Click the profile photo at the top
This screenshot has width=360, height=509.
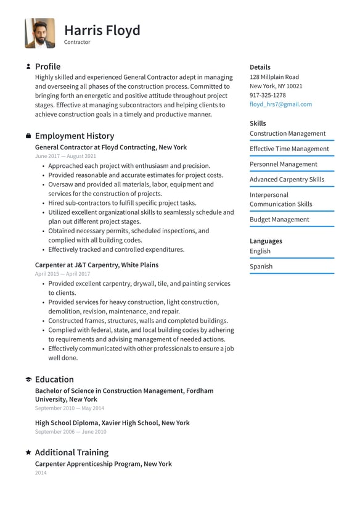39,33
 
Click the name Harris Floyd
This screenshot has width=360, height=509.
102,30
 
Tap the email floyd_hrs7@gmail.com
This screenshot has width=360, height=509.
280,104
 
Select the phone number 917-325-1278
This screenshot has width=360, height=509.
268,95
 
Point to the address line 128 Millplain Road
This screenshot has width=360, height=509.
274,77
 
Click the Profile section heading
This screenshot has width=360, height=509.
47,67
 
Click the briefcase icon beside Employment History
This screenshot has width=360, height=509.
28,136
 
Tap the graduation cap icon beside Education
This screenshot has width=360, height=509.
28,379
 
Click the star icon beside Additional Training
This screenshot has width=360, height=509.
28,452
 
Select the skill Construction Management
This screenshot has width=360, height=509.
287,133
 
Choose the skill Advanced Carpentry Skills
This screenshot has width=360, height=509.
287,180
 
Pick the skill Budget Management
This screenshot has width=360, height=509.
279,220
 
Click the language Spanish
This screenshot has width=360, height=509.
261,267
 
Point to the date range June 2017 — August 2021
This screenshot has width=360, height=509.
65,157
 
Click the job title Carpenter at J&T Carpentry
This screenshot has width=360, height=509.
97,265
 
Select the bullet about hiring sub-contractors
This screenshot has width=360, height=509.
122,203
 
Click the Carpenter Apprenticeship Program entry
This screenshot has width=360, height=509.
103,463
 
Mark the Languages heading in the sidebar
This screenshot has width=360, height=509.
266,241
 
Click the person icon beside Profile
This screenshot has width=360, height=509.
28,67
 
